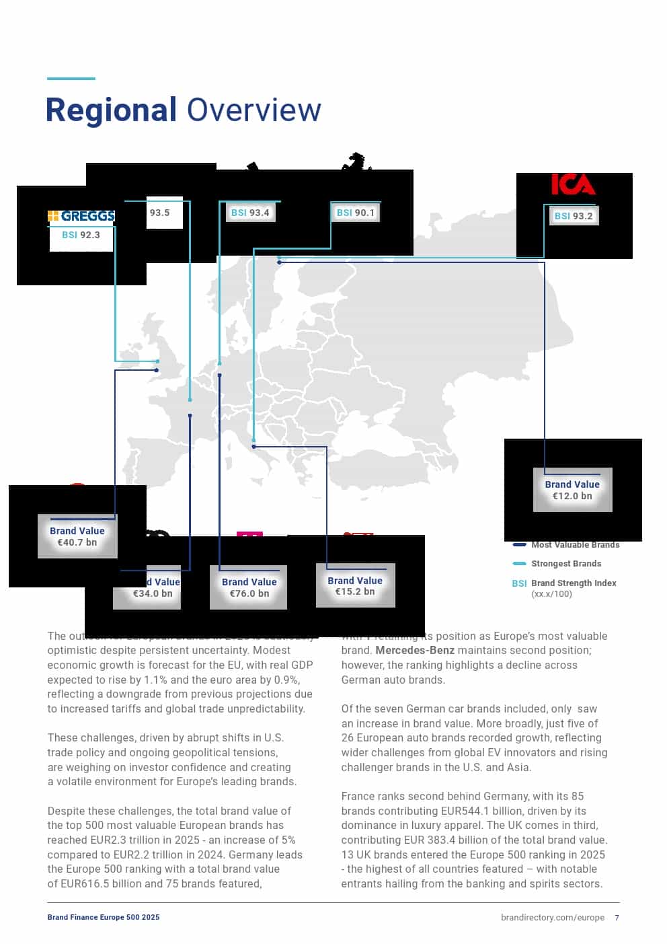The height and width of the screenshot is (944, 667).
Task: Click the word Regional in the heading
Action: click(x=111, y=110)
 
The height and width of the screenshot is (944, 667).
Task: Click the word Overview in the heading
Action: click(x=253, y=110)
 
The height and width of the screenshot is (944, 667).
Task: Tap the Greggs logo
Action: click(x=81, y=216)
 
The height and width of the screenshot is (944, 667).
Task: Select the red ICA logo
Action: click(x=573, y=184)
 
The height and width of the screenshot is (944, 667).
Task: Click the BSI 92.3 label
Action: click(x=81, y=235)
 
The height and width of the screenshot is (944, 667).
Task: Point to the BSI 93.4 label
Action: click(x=250, y=213)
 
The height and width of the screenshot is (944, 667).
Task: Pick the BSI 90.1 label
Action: click(x=356, y=213)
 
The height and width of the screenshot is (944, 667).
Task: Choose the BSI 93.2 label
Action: click(x=574, y=216)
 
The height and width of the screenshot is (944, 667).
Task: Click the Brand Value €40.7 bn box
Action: click(x=77, y=536)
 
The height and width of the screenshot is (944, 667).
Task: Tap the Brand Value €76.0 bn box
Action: click(x=249, y=587)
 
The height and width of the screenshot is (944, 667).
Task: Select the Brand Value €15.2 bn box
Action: click(x=355, y=585)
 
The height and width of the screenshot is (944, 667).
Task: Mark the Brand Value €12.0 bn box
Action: click(x=572, y=490)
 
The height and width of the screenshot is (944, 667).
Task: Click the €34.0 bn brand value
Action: click(x=153, y=593)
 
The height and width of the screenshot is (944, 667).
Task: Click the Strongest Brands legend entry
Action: click(x=565, y=564)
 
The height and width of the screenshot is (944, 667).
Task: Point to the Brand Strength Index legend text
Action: click(x=574, y=583)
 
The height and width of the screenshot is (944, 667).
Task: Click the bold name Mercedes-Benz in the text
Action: click(x=415, y=651)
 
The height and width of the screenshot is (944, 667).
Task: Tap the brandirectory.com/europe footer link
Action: click(x=552, y=917)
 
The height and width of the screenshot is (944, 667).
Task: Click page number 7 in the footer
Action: click(x=617, y=917)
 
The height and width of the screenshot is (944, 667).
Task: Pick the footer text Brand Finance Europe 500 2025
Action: click(x=104, y=917)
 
